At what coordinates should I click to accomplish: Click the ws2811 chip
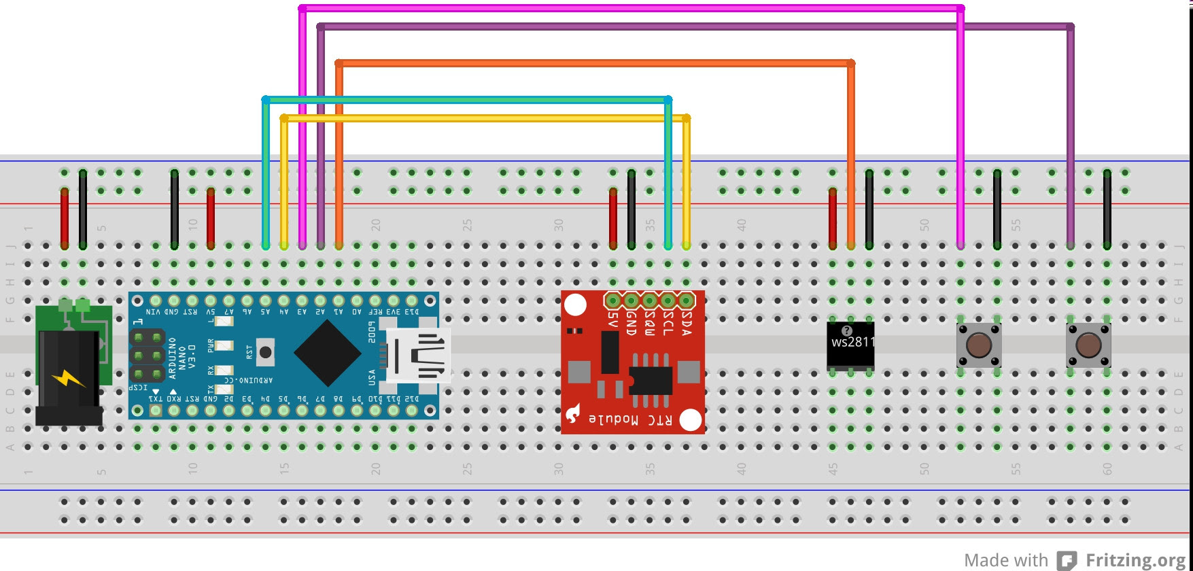pos(850,346)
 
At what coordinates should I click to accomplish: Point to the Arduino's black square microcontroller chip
pos(328,352)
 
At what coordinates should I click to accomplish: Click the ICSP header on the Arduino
pos(148,356)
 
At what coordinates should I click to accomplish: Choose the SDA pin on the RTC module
pos(686,300)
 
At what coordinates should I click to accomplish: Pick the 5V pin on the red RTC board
pos(613,300)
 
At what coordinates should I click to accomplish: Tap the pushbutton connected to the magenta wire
pos(978,345)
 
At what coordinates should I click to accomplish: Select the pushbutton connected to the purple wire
pos(1088,345)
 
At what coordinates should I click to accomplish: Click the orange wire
pos(595,63)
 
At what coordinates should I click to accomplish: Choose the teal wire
pos(466,100)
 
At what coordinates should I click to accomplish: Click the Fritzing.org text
pos(1135,560)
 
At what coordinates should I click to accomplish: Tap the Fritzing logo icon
pos(1067,560)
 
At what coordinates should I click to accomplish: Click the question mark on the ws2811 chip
pos(846,331)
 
